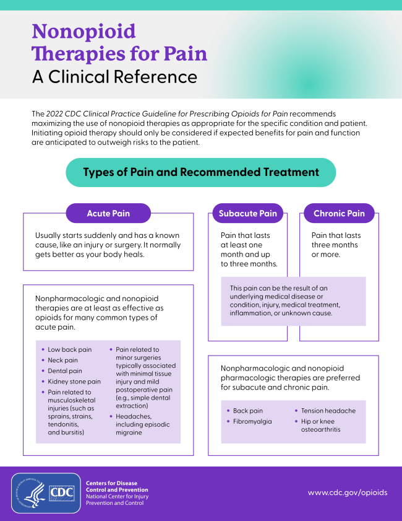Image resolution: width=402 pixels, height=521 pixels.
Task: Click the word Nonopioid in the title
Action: [x=83, y=30]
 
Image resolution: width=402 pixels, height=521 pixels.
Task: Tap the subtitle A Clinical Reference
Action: [x=114, y=77]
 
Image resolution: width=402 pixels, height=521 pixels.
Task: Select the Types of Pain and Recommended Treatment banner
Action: [x=201, y=172]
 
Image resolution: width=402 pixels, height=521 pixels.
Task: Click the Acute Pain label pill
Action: [x=108, y=213]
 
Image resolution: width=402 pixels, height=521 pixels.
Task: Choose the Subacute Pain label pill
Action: [x=247, y=213]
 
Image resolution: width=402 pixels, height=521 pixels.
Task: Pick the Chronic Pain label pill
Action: [x=339, y=213]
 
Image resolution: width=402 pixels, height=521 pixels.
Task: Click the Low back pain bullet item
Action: [x=69, y=349]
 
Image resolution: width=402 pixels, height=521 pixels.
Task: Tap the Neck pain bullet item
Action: [x=62, y=360]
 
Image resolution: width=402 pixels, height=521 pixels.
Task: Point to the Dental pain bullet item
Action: [x=64, y=370]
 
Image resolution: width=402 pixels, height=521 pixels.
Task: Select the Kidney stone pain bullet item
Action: [x=74, y=382]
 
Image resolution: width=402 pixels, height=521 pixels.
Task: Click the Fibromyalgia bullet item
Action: [x=252, y=421]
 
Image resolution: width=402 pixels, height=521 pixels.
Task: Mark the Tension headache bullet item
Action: [x=328, y=411]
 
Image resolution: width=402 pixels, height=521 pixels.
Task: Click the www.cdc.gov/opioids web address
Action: [x=348, y=493]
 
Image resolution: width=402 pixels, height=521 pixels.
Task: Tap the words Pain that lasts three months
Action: [x=336, y=245]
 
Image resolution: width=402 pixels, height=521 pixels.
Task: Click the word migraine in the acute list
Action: [x=129, y=432]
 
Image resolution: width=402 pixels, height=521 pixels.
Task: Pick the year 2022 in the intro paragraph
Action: [x=56, y=114]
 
